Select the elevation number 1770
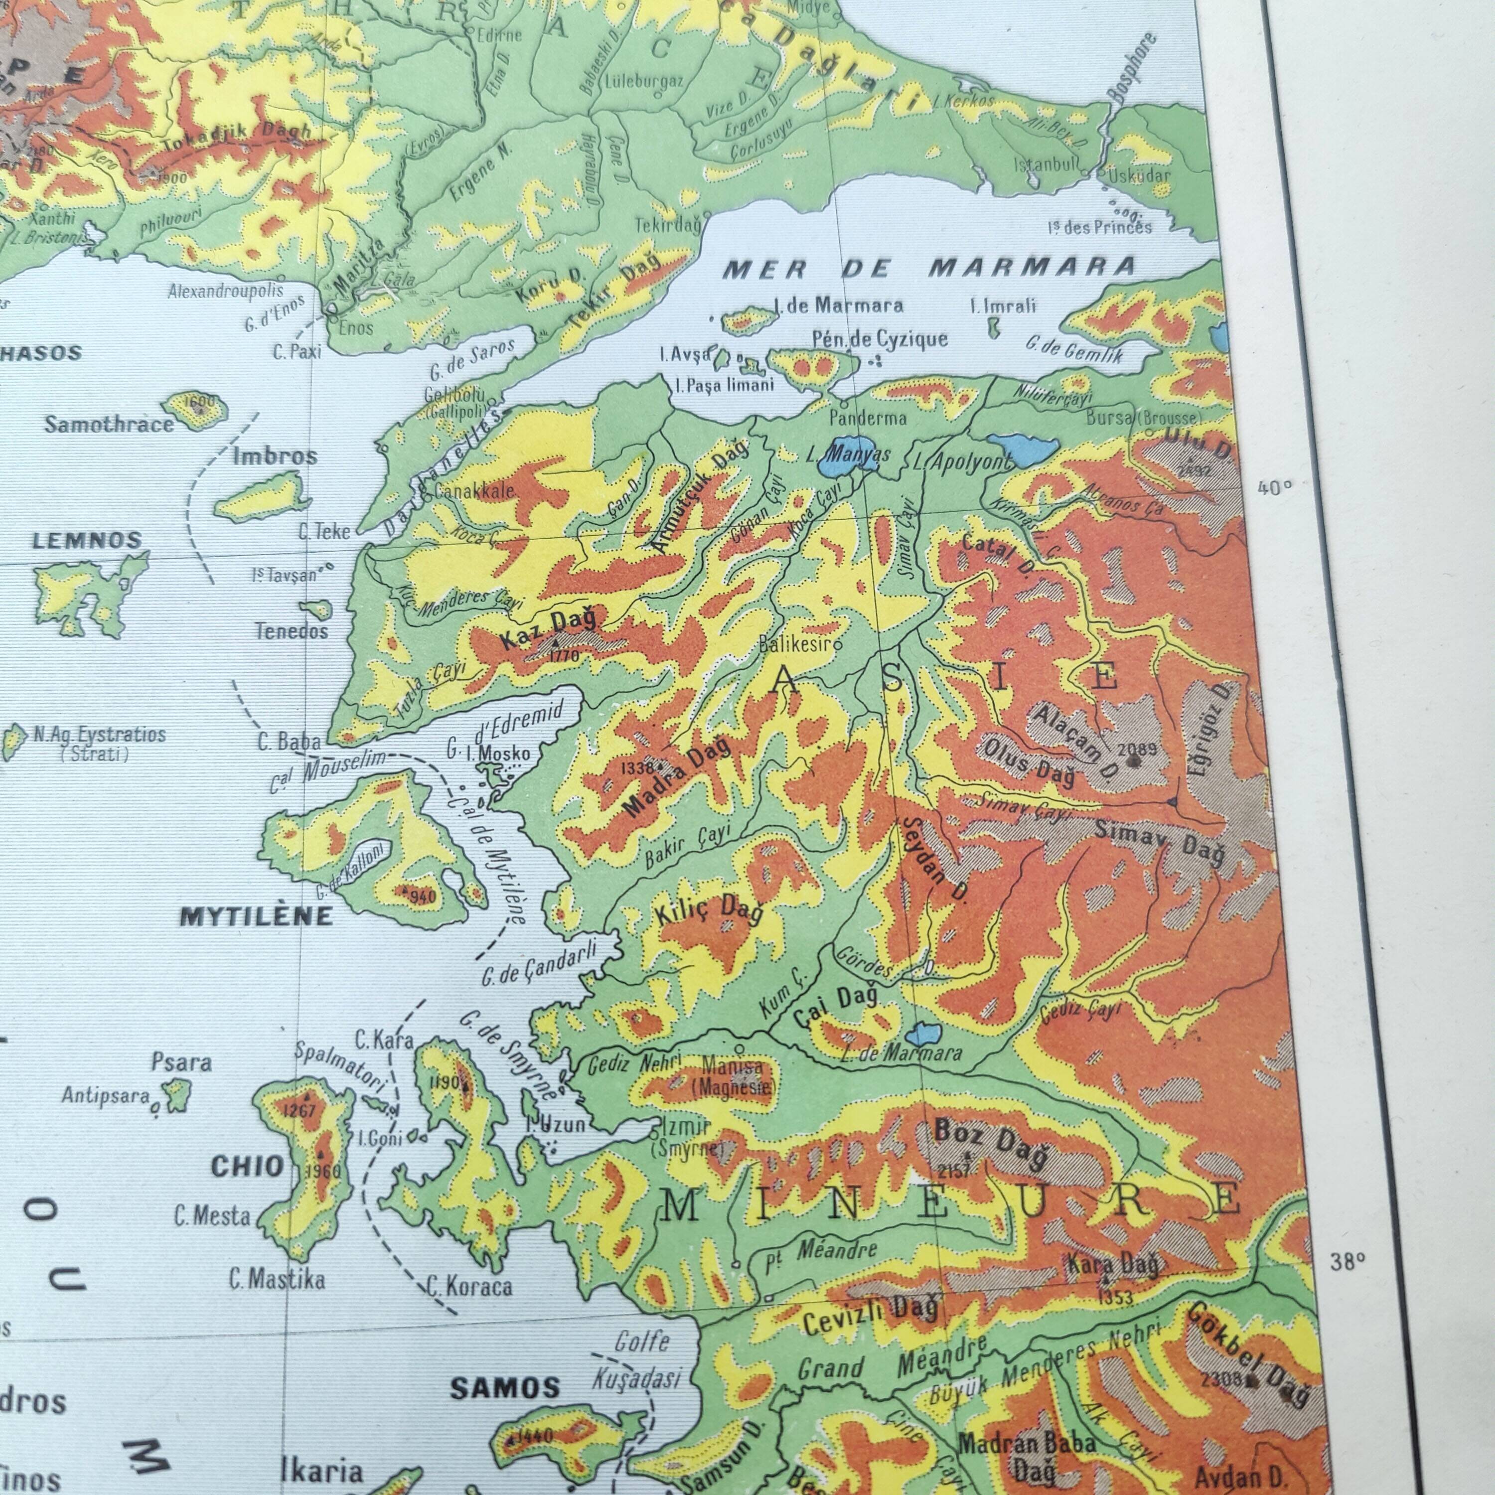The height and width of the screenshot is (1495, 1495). (563, 656)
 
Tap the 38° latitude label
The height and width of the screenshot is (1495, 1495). (1347, 1261)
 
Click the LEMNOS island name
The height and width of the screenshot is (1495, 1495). (87, 541)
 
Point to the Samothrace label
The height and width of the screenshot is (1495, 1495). (108, 424)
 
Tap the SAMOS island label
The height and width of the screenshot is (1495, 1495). (504, 1388)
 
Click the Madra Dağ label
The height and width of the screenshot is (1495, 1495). (677, 778)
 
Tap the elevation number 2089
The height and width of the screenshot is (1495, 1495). (1137, 749)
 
